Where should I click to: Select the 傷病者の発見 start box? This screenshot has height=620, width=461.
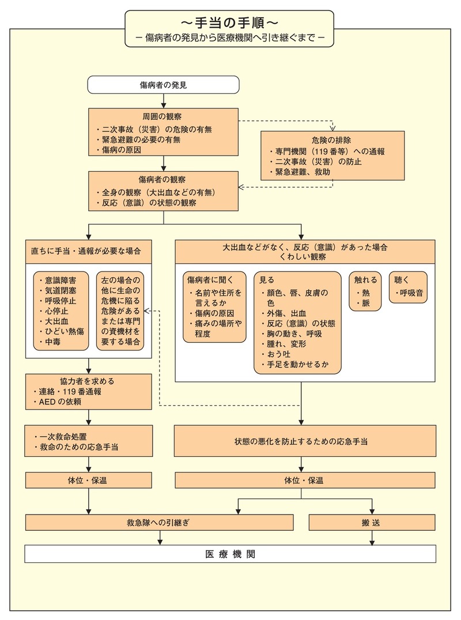pos(163,85)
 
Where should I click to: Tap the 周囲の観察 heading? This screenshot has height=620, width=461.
pos(163,116)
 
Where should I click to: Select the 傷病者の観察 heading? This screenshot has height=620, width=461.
pos(163,179)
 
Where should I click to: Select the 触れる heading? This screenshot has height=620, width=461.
pos(365,280)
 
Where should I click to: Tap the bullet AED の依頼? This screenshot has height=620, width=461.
pos(59,402)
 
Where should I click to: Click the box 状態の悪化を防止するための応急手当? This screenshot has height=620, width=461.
pos(301,442)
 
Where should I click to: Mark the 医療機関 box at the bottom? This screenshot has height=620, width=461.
pos(230,554)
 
